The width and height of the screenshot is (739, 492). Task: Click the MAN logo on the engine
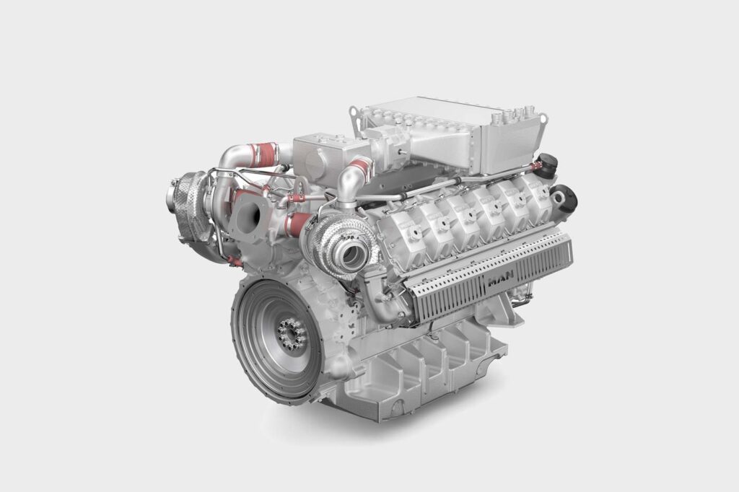(x=502, y=281)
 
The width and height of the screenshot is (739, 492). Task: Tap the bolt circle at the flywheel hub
(x=292, y=334)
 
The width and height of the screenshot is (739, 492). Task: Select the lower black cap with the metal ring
(x=564, y=198)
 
